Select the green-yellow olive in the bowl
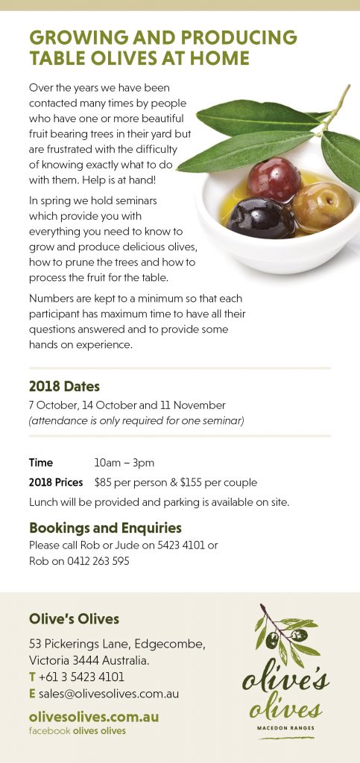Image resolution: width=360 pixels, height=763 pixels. pos(322,206)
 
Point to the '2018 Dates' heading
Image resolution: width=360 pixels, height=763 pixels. pos(64,387)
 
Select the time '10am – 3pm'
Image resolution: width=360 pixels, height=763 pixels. pos(124,463)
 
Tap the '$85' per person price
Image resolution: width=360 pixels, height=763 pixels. pos(105,482)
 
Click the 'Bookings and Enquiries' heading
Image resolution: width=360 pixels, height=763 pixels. pos(105,528)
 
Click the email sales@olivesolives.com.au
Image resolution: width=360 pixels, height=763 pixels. pos(108,694)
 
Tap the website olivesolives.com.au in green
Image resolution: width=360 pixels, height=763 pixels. pos(94,717)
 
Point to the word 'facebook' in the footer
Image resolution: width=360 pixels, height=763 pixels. pos(49,731)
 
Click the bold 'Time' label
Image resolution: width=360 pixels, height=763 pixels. pos(41,463)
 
